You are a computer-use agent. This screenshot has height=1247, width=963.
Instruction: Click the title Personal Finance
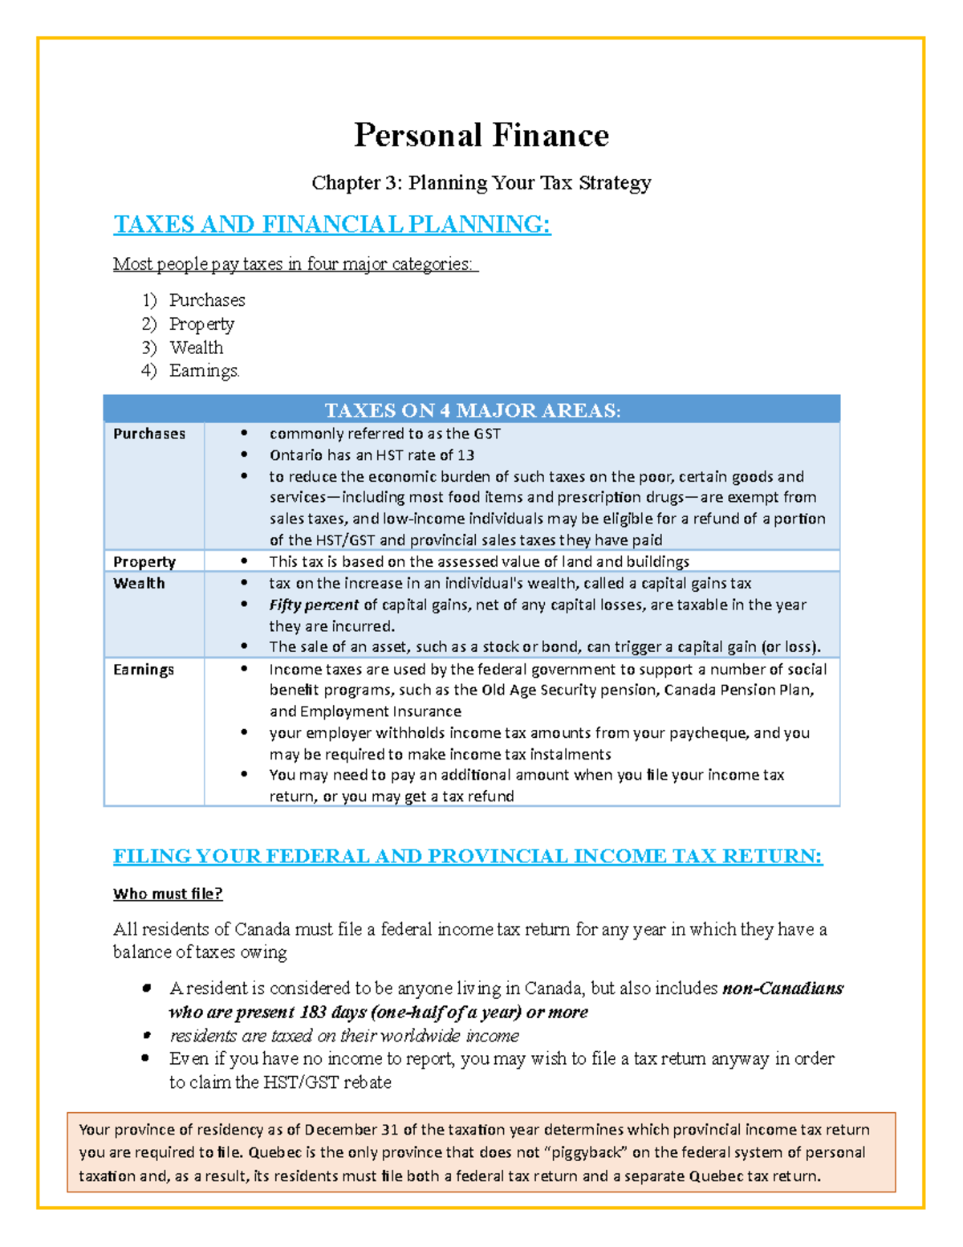pyautogui.click(x=481, y=135)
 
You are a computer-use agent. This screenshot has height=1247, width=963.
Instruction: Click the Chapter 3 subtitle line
pyautogui.click(x=481, y=183)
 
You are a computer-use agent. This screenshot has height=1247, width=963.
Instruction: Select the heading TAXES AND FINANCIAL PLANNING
pyautogui.click(x=332, y=224)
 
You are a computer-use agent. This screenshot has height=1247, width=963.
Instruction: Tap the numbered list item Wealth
pyautogui.click(x=197, y=348)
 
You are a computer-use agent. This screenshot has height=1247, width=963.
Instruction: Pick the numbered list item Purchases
pyautogui.click(x=207, y=300)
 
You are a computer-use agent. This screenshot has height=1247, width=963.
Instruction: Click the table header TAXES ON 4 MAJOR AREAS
pyautogui.click(x=472, y=410)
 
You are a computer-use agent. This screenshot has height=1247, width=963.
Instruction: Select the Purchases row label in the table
pyautogui.click(x=149, y=434)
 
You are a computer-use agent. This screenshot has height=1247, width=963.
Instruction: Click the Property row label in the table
pyautogui.click(x=144, y=561)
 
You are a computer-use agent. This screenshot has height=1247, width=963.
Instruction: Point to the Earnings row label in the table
pyautogui.click(x=144, y=670)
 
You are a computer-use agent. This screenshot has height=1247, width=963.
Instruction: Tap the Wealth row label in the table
pyautogui.click(x=139, y=583)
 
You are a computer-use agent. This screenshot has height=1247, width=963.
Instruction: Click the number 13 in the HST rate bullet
pyautogui.click(x=466, y=455)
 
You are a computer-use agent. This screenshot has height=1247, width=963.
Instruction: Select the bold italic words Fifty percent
pyautogui.click(x=314, y=605)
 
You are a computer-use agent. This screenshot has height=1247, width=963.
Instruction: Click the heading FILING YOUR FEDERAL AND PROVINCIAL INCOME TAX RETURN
pyautogui.click(x=468, y=856)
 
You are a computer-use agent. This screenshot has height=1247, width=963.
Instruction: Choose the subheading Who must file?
pyautogui.click(x=168, y=894)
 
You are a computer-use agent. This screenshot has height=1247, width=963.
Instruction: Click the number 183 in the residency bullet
pyautogui.click(x=312, y=1012)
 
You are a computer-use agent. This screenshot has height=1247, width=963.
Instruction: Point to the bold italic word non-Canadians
pyautogui.click(x=782, y=988)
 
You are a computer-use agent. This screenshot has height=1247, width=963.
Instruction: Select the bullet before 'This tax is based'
pyautogui.click(x=244, y=561)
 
